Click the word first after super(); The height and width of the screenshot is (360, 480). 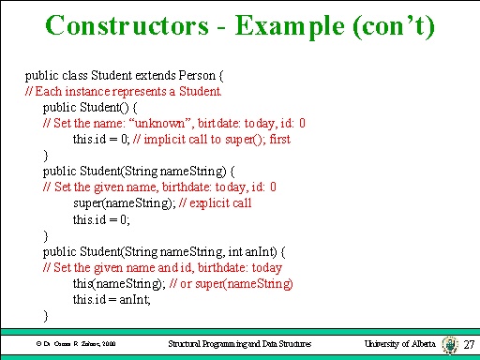click(x=279, y=140)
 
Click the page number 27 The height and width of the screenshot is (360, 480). click(x=470, y=345)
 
